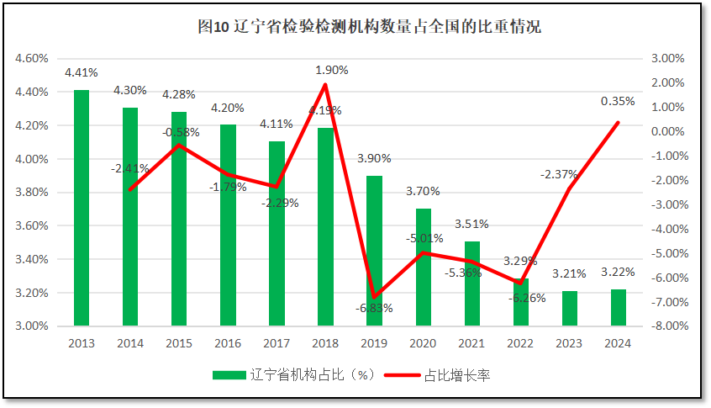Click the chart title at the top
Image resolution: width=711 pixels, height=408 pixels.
[369, 27]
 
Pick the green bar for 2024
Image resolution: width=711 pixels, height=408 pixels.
[618, 307]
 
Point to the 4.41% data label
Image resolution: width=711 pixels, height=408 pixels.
[82, 72]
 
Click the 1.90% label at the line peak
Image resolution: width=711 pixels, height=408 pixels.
[331, 70]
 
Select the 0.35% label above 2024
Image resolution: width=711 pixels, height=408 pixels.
[618, 101]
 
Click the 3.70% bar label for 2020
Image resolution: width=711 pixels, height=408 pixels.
[423, 192]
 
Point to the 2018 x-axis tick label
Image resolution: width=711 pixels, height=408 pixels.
[325, 343]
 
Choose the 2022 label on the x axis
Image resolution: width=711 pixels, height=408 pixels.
[520, 343]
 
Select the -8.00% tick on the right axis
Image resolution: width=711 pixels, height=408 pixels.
[667, 326]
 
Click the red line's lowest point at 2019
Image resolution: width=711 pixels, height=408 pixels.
[374, 297]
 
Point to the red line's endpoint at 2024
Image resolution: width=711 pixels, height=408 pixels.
[618, 123]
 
